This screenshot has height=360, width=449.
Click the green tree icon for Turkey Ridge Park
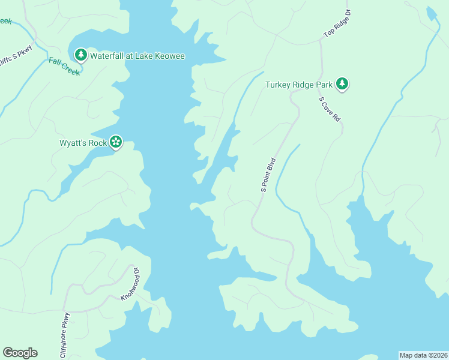pos(342,84)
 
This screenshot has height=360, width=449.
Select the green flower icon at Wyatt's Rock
pos(116,142)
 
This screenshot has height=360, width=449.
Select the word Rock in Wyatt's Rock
pos(98,143)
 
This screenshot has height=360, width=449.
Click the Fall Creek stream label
pos(64,66)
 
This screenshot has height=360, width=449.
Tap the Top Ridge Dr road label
pos(336,25)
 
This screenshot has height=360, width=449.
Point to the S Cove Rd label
pos(330,110)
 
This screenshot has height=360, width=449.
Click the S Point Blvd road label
pos(268,175)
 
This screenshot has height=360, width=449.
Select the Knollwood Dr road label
pos(130,283)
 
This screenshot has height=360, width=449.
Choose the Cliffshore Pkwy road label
pos(65,335)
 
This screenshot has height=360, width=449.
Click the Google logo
pos(20,353)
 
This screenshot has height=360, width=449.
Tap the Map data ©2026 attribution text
pos(423,355)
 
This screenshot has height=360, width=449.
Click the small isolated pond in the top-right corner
pos(431,14)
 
